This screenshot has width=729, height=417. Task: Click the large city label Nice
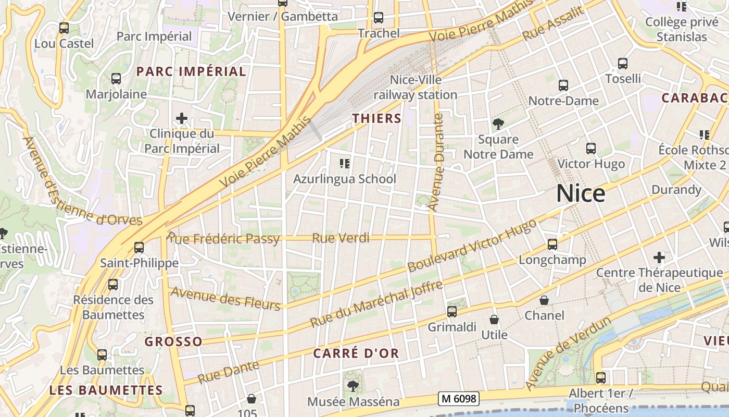(x=581, y=194)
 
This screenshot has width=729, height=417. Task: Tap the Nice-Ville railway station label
(x=416, y=87)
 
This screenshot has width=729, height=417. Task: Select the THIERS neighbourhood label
(x=377, y=119)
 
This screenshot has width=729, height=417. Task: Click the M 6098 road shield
(x=458, y=399)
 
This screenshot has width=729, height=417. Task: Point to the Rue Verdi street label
(x=341, y=238)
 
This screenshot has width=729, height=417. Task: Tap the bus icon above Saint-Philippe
(x=139, y=247)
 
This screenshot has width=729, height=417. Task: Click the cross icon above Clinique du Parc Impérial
(x=181, y=119)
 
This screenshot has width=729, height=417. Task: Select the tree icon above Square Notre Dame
(x=498, y=124)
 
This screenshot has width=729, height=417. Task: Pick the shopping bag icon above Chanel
(x=544, y=300)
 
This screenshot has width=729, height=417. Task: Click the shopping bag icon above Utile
(x=494, y=320)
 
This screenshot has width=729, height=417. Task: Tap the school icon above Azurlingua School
(x=344, y=164)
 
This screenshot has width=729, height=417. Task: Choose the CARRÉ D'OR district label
(x=356, y=353)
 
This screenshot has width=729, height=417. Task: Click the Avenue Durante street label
(x=436, y=163)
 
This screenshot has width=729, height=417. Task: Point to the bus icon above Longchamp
(x=552, y=244)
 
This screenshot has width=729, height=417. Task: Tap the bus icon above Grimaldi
(x=452, y=312)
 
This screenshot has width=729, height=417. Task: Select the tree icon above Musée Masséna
(x=353, y=386)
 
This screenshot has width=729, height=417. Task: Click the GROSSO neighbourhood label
(x=173, y=342)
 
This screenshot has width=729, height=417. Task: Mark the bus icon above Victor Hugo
(x=591, y=149)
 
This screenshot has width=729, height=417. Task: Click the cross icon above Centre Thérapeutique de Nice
(x=659, y=257)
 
